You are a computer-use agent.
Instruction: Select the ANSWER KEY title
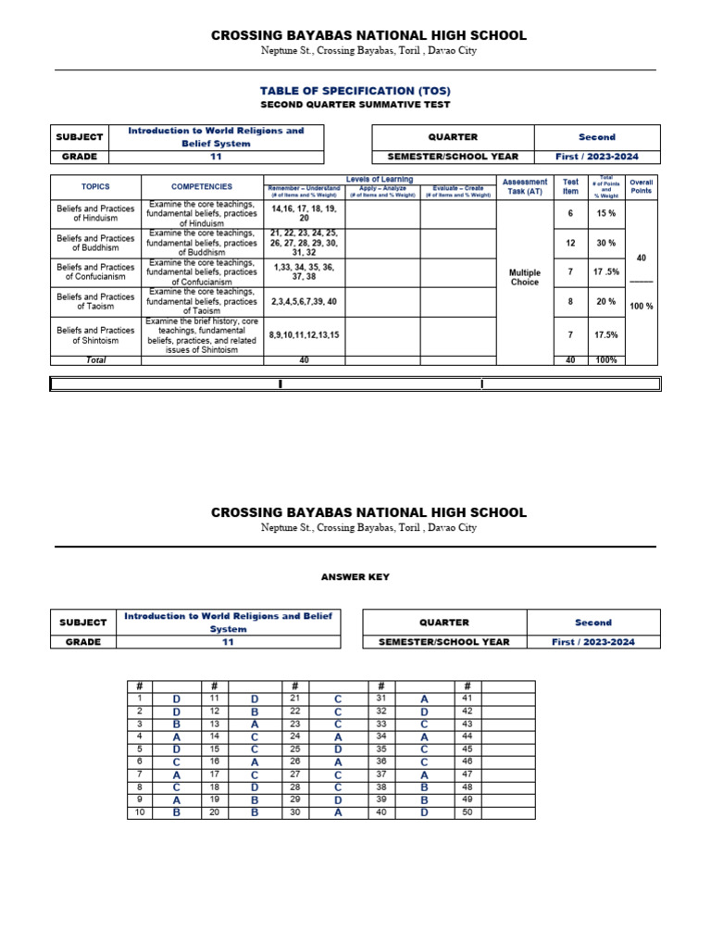pyautogui.click(x=355, y=577)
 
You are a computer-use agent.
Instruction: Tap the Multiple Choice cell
pyautogui.click(x=525, y=278)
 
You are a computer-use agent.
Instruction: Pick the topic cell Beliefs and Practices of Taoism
pyautogui.click(x=95, y=302)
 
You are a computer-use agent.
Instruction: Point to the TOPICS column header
pyautogui.click(x=95, y=186)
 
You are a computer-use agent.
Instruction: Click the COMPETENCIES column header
pyautogui.click(x=202, y=186)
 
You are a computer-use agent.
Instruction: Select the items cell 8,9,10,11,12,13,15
pyautogui.click(x=305, y=334)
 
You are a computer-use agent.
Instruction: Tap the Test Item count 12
pyautogui.click(x=570, y=243)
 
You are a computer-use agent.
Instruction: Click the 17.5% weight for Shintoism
pyautogui.click(x=605, y=334)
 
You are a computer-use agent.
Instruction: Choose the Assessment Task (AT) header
pyautogui.click(x=524, y=186)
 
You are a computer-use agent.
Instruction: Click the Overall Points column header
pyautogui.click(x=641, y=186)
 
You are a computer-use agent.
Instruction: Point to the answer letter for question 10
pyautogui.click(x=176, y=812)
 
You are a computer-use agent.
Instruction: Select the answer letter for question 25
pyautogui.click(x=338, y=749)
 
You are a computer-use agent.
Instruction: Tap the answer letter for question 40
pyautogui.click(x=424, y=812)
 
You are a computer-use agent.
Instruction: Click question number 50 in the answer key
pyautogui.click(x=467, y=812)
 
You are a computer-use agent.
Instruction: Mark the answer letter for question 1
pyautogui.click(x=176, y=699)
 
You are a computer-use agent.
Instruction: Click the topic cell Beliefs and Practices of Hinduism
pyautogui.click(x=95, y=214)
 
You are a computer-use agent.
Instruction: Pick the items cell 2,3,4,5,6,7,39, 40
pyautogui.click(x=305, y=302)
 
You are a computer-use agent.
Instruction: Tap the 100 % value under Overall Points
pyautogui.click(x=641, y=306)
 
